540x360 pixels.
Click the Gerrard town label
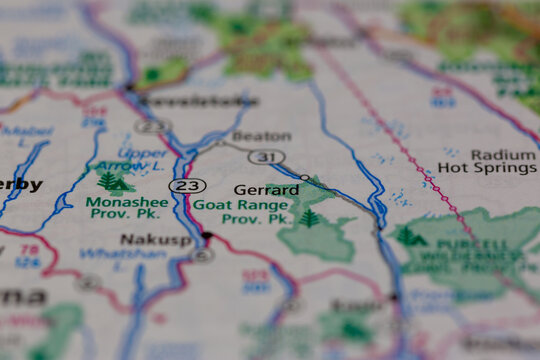click(x=266, y=189)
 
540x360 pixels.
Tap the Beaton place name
click(x=262, y=136)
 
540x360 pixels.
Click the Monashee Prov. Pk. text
click(x=127, y=207)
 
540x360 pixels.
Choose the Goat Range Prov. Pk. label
click(x=240, y=211)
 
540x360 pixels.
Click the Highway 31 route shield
click(x=267, y=157)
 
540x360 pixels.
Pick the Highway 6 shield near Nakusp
click(x=203, y=255)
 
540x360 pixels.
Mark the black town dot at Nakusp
click(x=207, y=236)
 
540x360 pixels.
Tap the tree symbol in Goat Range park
click(x=309, y=217)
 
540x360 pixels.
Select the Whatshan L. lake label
click(x=109, y=255)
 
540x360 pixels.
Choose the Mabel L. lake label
click(x=26, y=131)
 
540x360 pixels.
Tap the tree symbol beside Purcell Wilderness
click(x=410, y=237)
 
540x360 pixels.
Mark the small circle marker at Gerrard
click(x=304, y=177)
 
